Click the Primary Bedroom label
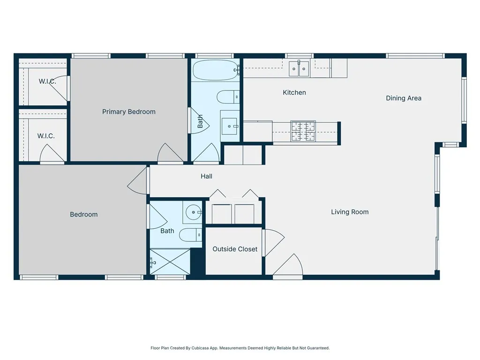point(129,112)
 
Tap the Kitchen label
point(294,92)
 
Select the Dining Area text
point(404,98)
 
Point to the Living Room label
point(350,212)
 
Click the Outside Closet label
point(235,249)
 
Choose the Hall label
point(206,176)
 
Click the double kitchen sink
point(299,69)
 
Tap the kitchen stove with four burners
point(303,131)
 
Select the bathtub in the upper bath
point(215,70)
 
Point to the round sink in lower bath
point(193,213)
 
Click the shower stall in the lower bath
point(170,262)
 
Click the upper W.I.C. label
point(47,82)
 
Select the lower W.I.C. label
point(46,136)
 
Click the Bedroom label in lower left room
point(84,214)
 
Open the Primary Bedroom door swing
point(170,154)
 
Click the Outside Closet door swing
point(273,241)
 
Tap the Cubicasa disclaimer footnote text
point(240,348)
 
